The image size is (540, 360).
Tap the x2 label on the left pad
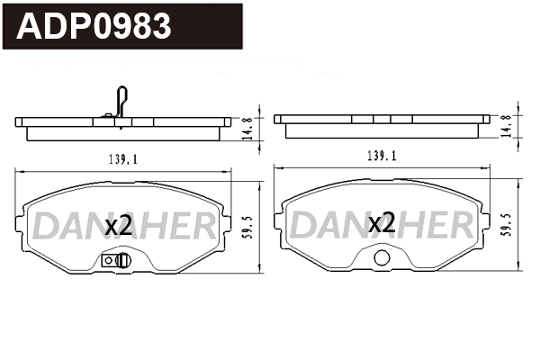point(119,225)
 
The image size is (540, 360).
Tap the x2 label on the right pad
point(382,223)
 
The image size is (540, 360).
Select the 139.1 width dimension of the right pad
point(382,156)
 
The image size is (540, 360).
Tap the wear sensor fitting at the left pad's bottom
point(117,261)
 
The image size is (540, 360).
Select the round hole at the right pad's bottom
point(382,260)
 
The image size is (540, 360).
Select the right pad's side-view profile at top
point(382,125)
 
